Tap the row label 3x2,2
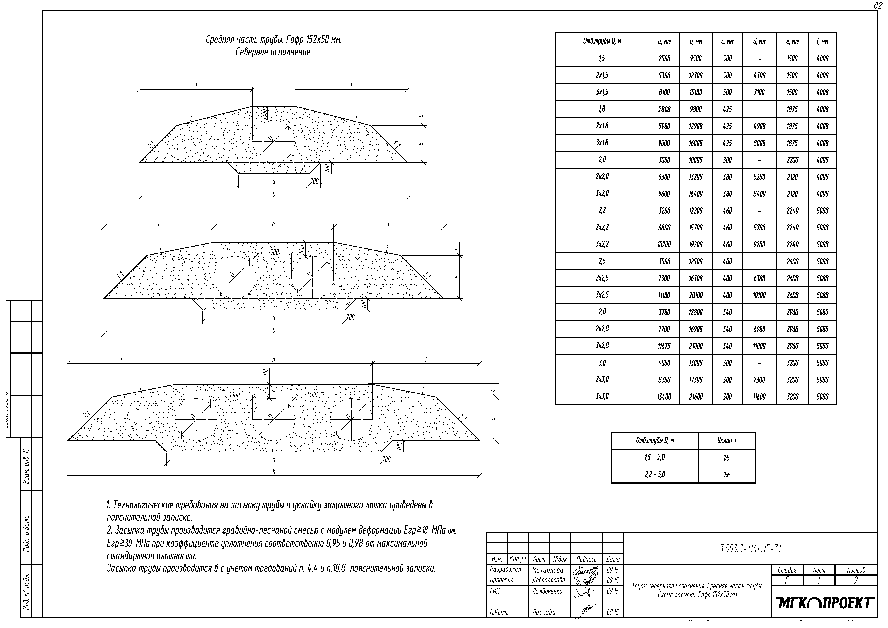point(602,244)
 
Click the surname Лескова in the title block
point(544,612)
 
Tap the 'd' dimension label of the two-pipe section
point(274,224)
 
